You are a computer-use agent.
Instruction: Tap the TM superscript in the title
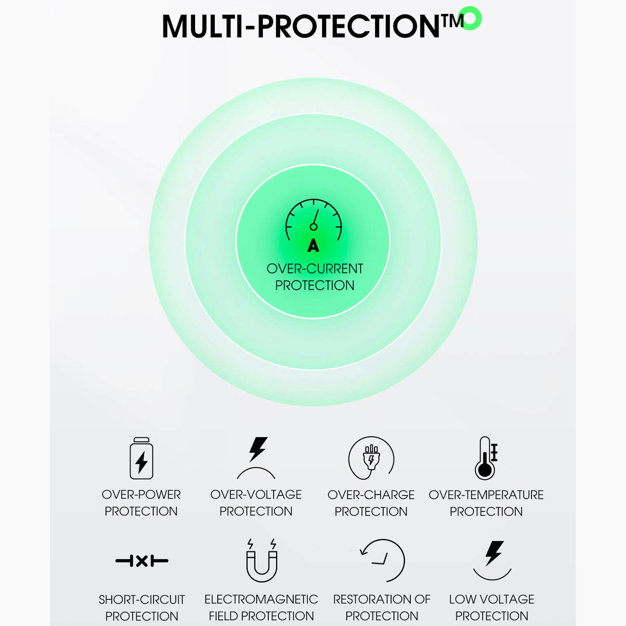coord(453,21)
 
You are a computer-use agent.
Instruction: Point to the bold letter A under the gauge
coord(313,246)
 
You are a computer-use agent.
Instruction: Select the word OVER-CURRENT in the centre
coord(315,269)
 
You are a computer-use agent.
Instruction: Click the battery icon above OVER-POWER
coord(141,458)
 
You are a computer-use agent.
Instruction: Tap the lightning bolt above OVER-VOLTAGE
coord(258,449)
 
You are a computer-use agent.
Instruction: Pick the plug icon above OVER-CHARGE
coord(371,458)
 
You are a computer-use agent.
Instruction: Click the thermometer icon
coord(486,458)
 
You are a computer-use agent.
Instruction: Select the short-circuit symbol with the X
coord(142,561)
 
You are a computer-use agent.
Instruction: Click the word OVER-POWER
coord(141,495)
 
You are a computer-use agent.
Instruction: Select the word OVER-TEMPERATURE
coord(486,495)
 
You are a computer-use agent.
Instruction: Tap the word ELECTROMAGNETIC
coord(261,600)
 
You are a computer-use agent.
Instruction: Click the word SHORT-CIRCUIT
coord(142,600)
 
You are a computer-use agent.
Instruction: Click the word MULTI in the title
coord(203,26)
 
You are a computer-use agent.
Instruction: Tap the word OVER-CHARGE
coord(371,495)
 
